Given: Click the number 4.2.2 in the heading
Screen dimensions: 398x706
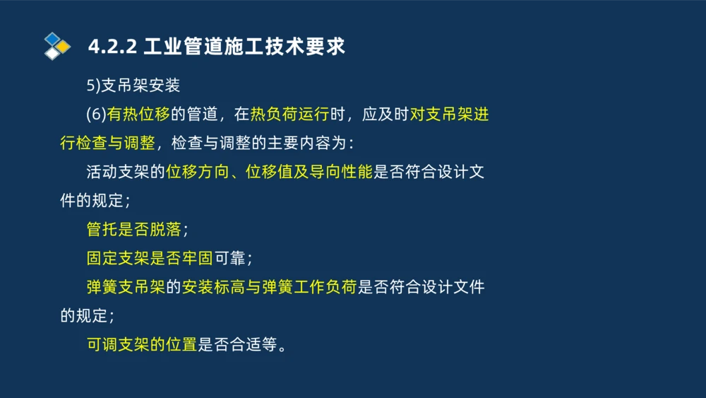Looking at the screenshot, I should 112,47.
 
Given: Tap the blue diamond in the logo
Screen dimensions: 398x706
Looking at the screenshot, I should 52,38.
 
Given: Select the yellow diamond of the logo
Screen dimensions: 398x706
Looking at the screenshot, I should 63,47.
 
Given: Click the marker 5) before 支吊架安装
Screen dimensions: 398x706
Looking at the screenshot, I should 94,86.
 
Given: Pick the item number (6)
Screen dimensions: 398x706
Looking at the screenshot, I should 96,115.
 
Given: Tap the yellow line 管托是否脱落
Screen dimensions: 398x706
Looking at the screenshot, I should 133,230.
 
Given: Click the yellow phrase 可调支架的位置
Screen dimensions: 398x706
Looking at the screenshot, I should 141,345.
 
